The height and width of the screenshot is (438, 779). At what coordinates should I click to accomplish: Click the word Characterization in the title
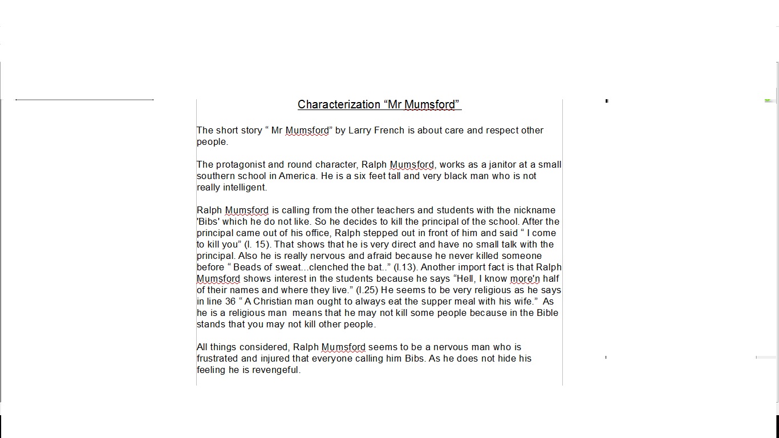click(339, 104)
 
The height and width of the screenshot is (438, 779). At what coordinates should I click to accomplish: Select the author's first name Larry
click(359, 131)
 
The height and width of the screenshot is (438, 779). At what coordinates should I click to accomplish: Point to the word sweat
click(290, 267)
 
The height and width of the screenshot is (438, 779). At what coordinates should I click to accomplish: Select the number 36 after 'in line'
click(230, 302)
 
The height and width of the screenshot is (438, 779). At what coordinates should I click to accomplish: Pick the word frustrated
click(217, 359)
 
